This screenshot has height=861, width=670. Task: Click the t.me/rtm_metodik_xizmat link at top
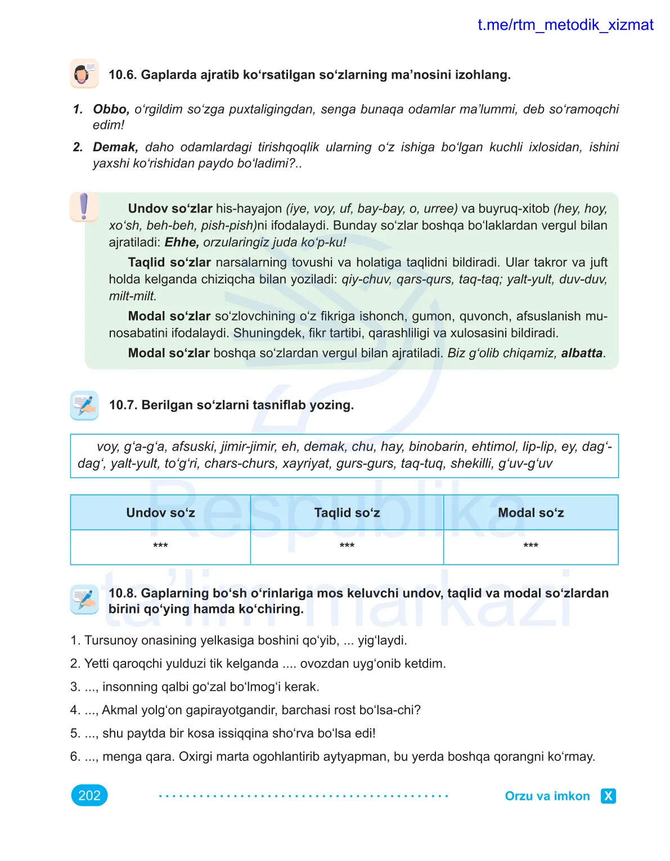(x=565, y=25)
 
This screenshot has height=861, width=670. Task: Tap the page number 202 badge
(x=89, y=795)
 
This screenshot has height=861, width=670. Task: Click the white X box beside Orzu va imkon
(x=608, y=796)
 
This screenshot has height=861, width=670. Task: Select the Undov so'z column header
(x=160, y=513)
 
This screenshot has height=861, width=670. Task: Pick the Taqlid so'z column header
(x=347, y=513)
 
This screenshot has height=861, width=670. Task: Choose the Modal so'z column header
(x=530, y=513)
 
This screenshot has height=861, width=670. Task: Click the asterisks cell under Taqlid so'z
(x=347, y=546)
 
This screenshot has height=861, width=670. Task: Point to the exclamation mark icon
(x=84, y=206)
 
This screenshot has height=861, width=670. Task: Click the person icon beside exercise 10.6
(x=84, y=74)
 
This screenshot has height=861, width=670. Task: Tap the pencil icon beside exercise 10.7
(x=84, y=405)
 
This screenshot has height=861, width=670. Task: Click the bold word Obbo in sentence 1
(x=111, y=109)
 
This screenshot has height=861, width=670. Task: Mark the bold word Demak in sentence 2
(x=115, y=147)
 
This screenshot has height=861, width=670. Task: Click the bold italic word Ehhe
(x=182, y=242)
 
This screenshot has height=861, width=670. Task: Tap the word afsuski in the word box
(x=194, y=447)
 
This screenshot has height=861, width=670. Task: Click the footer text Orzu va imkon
(x=547, y=796)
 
